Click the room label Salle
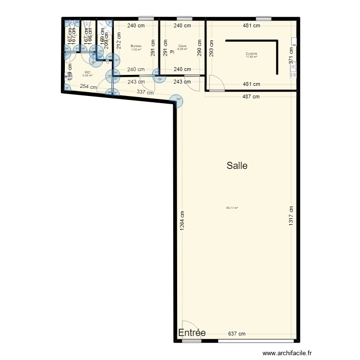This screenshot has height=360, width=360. pyautogui.click(x=237, y=166)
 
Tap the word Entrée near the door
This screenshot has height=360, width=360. pyautogui.click(x=192, y=333)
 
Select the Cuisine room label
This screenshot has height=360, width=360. pyautogui.click(x=251, y=53)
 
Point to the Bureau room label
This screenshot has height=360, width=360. pyautogui.click(x=136, y=46)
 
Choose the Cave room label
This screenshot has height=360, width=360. pyautogui.click(x=182, y=46)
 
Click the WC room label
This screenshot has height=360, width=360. pyautogui.click(x=87, y=72)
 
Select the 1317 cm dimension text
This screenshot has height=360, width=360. pyautogui.click(x=291, y=218)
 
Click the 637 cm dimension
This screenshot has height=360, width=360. pyautogui.click(x=237, y=334)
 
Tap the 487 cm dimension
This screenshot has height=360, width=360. pyautogui.click(x=250, y=96)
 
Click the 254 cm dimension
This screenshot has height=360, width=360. pyautogui.click(x=88, y=87)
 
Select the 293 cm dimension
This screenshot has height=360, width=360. pyautogui.click(x=212, y=48)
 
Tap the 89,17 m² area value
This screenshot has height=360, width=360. pyautogui.click(x=232, y=208)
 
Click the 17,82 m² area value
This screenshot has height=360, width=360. pyautogui.click(x=251, y=57)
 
